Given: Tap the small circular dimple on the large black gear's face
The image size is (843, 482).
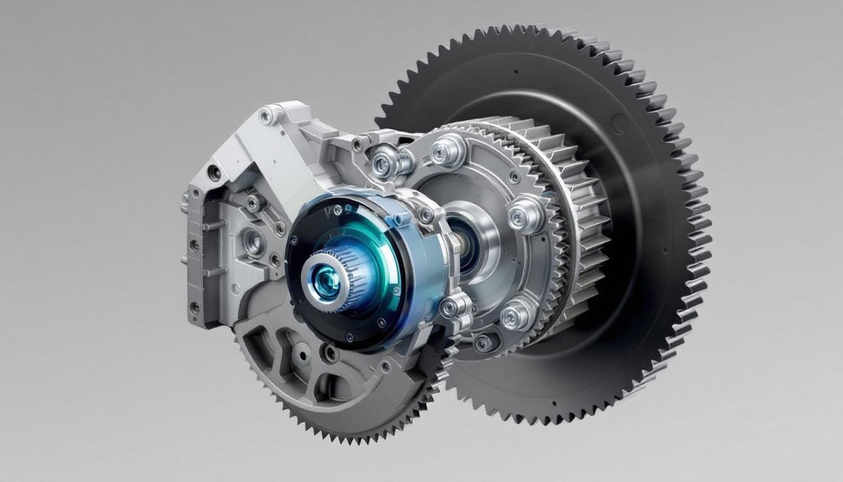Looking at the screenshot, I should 620,123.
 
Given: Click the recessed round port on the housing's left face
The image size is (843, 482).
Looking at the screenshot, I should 253,242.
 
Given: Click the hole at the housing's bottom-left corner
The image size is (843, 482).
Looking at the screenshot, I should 194,308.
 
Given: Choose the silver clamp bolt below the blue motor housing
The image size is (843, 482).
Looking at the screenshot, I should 453,307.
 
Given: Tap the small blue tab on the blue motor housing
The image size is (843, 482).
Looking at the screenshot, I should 396,220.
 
